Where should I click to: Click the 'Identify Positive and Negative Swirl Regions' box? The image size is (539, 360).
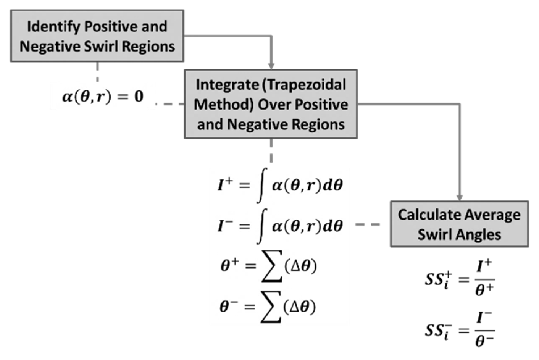(x=97, y=36)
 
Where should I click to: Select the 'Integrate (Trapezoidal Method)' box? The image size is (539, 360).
(x=271, y=104)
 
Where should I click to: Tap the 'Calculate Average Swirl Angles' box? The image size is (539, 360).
(x=459, y=224)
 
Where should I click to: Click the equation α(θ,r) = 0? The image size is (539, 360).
(x=103, y=96)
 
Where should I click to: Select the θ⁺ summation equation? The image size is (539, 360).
(x=269, y=266)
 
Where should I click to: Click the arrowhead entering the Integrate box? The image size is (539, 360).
(x=271, y=66)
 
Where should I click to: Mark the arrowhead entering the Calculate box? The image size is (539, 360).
(x=459, y=197)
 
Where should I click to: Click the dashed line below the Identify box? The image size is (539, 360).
(x=98, y=72)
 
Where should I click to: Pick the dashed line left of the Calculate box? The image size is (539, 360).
(x=368, y=224)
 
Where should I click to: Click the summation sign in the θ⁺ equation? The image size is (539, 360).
(x=272, y=266)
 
